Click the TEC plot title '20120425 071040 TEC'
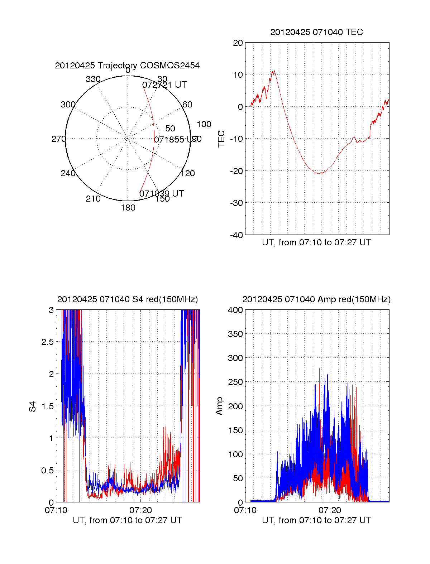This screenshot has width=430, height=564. tap(316, 32)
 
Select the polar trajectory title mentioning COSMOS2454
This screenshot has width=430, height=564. tap(127, 66)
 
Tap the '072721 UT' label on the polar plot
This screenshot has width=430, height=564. tap(164, 85)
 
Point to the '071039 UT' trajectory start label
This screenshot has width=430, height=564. tap(161, 194)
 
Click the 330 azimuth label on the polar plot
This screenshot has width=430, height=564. tap(93, 79)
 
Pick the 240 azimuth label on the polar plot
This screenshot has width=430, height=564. tap(68, 173)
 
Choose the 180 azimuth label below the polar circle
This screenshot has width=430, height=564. tap(128, 208)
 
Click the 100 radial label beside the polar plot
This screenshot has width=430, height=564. tap(204, 124)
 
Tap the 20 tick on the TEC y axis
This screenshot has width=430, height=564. tap(238, 43)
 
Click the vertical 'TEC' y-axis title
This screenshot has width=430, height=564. tap(221, 139)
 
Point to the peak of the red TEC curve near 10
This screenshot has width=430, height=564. tap(273, 71)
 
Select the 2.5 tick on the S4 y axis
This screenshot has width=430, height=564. tap(47, 342)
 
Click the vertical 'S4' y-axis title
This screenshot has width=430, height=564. tap(33, 406)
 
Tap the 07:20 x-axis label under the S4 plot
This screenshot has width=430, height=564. tap(140, 510)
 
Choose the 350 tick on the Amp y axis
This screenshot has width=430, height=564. tap(235, 334)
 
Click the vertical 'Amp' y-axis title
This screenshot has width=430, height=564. tap(219, 406)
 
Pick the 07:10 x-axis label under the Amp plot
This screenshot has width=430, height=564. tap(245, 510)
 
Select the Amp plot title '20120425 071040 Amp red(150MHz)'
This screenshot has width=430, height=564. tap(316, 299)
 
